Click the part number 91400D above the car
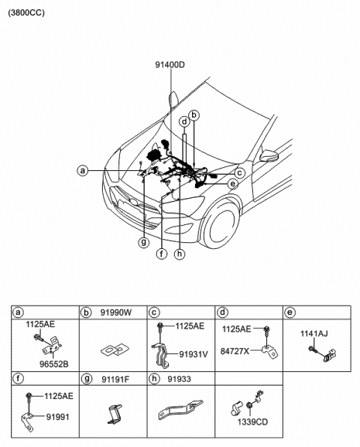pos(170,65)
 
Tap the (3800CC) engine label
pos(26,13)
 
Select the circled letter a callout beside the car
pos(82,171)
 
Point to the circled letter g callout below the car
pos(143,242)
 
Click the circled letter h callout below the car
pos(179,253)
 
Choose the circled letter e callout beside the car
pos(232,184)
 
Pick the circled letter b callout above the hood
pos(194,115)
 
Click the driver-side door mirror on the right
pos(269,156)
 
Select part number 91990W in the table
pos(116,313)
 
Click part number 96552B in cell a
pos(54,364)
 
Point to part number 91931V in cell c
pos(193,354)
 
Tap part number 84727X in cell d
pos(235,351)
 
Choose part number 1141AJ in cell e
pos(314,333)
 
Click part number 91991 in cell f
pos(58,417)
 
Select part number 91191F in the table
pos(115,379)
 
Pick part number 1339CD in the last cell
pos(253,422)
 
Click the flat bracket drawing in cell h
pos(181,409)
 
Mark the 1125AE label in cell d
pos(236,329)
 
